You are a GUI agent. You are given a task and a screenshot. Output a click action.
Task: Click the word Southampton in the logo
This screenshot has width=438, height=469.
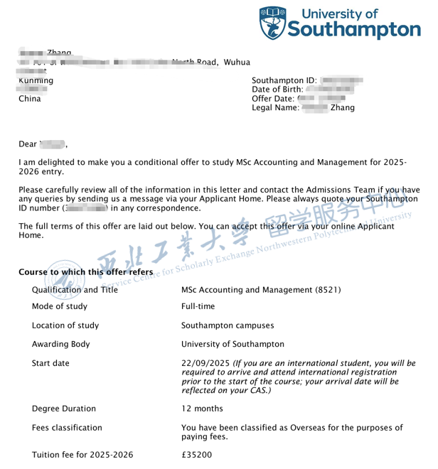pos(354,29)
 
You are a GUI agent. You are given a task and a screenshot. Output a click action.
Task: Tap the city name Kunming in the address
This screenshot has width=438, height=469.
pos(36,81)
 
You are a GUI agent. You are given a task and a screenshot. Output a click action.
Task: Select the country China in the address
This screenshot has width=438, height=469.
pos(29,99)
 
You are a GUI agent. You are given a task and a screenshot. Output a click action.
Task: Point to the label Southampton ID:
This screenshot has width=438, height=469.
pos(284,81)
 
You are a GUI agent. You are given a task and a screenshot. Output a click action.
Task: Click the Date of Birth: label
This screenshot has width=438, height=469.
pos(281,90)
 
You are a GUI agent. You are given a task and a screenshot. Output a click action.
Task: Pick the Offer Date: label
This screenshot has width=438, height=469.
pos(273,99)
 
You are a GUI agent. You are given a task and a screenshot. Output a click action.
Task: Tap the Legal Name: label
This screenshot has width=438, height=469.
pos(276,108)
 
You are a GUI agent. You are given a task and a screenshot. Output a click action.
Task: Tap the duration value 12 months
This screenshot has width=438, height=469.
pos(203,409)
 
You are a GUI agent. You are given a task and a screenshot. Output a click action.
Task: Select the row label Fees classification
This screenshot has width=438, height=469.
pos(67,428)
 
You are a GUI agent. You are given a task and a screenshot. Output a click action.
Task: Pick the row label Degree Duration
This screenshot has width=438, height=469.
pos(66,409)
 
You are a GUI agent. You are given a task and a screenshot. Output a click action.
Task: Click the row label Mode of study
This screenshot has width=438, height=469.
pos(60,307)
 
